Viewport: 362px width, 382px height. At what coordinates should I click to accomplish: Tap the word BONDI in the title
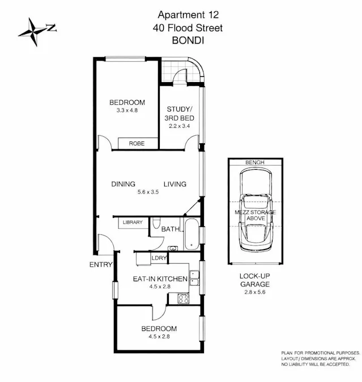point(186,40)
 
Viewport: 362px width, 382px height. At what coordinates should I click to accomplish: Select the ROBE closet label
point(137,144)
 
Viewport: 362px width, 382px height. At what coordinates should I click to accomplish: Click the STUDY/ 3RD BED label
point(180,113)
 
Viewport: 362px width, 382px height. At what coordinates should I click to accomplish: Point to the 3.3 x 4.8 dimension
point(127,111)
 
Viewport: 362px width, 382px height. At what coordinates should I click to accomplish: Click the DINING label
point(123,184)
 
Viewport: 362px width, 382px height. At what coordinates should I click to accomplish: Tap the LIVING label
point(175,184)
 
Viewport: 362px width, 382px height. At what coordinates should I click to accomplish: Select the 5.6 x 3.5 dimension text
point(148,192)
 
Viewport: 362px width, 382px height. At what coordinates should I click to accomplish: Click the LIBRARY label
point(133,222)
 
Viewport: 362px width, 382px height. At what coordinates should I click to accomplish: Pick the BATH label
point(170,229)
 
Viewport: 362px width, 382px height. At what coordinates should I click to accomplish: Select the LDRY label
point(159,258)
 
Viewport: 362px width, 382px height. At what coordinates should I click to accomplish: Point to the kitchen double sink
point(194,278)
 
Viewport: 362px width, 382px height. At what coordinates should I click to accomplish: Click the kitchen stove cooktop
point(184,299)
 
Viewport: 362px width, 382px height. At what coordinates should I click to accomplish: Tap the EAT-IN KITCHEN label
point(160,278)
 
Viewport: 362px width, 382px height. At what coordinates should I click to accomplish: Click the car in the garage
point(254,211)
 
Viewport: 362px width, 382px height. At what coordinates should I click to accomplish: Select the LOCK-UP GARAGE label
point(254,280)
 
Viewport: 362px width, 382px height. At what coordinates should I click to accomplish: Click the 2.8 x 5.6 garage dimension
point(254,292)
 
